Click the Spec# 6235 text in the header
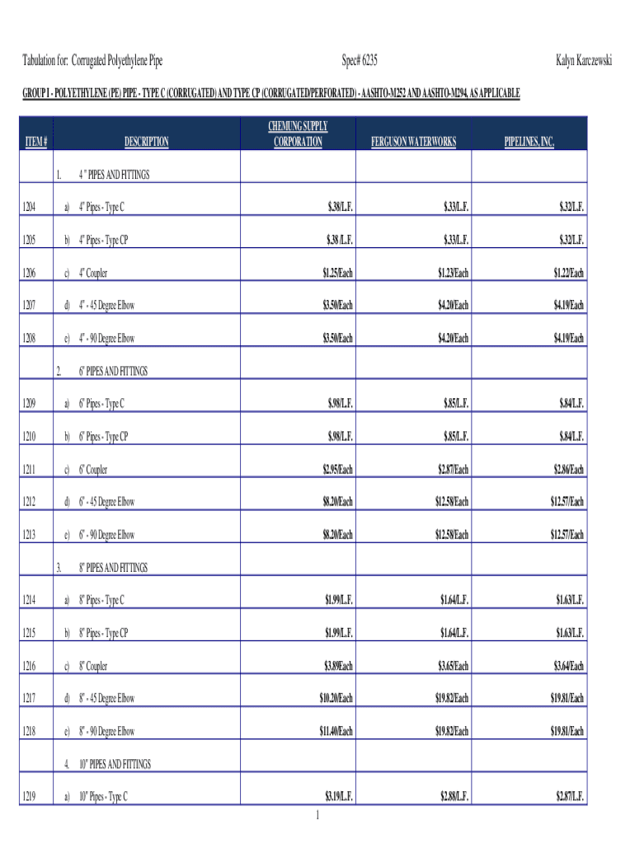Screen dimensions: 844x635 [x=360, y=61]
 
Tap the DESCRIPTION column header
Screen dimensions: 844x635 [x=146, y=142]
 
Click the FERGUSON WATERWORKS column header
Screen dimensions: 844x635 [x=413, y=143]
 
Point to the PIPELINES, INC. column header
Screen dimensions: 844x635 [x=529, y=143]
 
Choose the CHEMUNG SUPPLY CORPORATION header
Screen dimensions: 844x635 [x=298, y=134]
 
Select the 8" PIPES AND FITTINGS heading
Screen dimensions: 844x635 [x=113, y=568]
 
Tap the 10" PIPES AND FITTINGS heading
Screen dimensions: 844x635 [x=115, y=765]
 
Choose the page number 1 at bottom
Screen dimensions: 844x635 [x=317, y=816]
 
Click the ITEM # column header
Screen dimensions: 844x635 [x=36, y=143]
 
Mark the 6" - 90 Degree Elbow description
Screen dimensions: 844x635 [x=106, y=535]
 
